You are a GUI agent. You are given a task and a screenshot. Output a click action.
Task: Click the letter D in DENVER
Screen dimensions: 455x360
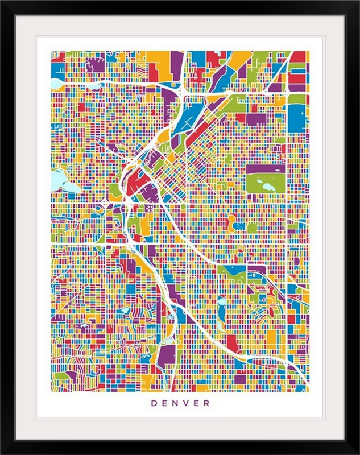pos(154,403)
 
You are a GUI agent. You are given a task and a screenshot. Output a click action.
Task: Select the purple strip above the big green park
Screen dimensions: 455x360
pos(266,169)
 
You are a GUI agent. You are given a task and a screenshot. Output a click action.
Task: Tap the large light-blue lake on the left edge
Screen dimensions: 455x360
pos(58,181)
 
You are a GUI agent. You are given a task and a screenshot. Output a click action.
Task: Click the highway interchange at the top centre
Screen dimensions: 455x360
pos(180,90)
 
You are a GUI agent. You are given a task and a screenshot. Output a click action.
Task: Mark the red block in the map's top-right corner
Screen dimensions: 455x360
pos(300,57)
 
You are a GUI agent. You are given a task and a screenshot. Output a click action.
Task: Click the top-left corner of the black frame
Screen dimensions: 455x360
pos(3,3)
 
